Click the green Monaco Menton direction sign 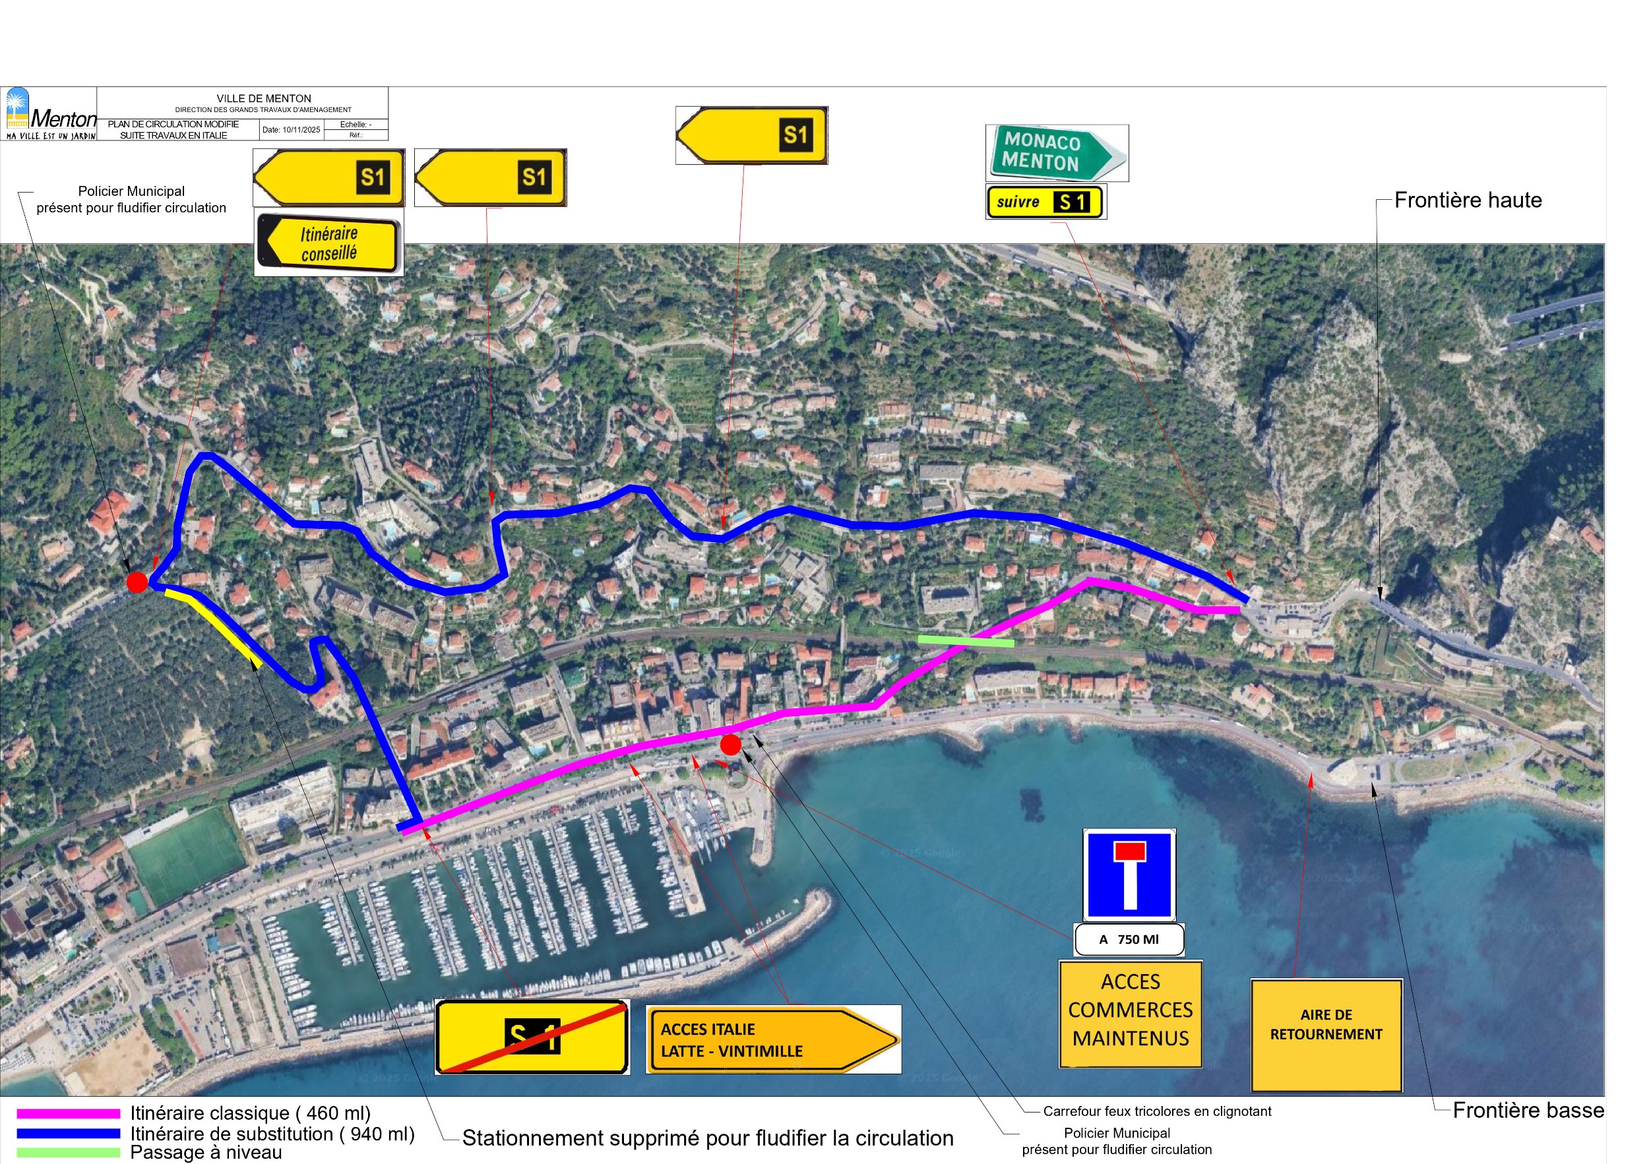coord(1056,152)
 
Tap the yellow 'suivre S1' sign coord(1045,202)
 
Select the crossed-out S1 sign coord(532,1036)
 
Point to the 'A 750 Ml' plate coord(1129,939)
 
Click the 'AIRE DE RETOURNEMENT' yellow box coord(1326,1035)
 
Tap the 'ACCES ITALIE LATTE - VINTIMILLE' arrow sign coord(773,1039)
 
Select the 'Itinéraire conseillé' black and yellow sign coord(328,243)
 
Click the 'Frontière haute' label coord(1468,200)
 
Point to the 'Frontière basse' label coord(1528,1110)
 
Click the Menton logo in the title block coord(49,113)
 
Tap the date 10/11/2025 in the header coord(291,130)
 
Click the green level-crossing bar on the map coord(966,640)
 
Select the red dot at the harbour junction coord(730,745)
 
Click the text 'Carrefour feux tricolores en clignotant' coord(1156,1111)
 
